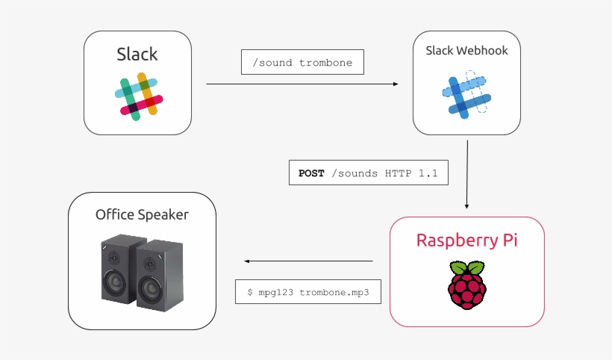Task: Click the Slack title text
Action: [137, 55]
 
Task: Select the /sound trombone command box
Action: [302, 62]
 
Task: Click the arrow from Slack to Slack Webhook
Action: [302, 84]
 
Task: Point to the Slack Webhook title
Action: [466, 51]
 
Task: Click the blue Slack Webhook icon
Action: [466, 96]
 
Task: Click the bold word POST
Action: [311, 173]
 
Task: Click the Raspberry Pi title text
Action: [466, 240]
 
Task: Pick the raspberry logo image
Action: [466, 285]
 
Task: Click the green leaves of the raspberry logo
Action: [466, 268]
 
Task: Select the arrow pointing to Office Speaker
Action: [308, 261]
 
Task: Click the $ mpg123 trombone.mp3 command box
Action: [308, 292]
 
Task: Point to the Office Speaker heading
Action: [142, 215]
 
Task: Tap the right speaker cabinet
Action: [157, 272]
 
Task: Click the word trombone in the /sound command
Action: [327, 62]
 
